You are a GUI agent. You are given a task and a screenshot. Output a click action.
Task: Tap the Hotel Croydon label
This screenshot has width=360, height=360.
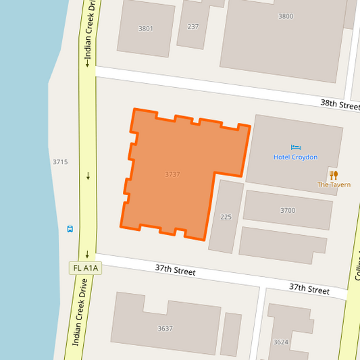[295, 157]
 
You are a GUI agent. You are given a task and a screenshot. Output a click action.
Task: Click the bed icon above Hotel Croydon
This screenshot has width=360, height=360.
[295, 147]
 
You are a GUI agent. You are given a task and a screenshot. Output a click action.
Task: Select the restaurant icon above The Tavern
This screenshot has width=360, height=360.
[334, 174]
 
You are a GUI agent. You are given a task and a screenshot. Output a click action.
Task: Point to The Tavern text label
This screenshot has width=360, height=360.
[334, 184]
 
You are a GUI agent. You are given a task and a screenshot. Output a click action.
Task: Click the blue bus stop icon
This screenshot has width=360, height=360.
[70, 228]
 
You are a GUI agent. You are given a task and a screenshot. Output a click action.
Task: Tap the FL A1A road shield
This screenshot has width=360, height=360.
[86, 268]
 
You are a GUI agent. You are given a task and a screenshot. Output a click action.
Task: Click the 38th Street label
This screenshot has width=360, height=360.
[339, 105]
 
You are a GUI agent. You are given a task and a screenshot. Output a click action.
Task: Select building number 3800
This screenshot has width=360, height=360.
[286, 16]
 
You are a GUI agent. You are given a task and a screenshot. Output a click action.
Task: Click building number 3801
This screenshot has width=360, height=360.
[146, 28]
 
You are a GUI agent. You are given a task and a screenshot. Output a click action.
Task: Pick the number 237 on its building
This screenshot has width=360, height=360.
[193, 27]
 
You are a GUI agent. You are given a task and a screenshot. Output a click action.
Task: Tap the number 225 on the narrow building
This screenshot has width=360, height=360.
[226, 217]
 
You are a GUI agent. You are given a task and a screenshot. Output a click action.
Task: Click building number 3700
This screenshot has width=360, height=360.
[288, 210]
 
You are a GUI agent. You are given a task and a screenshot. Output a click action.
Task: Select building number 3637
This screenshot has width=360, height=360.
[165, 328]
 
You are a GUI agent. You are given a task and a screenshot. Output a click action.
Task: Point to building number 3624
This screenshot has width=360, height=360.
[280, 342]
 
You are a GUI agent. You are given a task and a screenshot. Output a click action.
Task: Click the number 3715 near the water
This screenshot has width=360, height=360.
[60, 162]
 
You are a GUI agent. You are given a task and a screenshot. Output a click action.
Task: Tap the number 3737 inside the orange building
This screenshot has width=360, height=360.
[172, 174]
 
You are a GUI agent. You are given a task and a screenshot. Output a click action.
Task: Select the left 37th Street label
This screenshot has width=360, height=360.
[175, 270]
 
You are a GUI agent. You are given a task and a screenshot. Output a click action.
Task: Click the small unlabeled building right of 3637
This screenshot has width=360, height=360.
[231, 334]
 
